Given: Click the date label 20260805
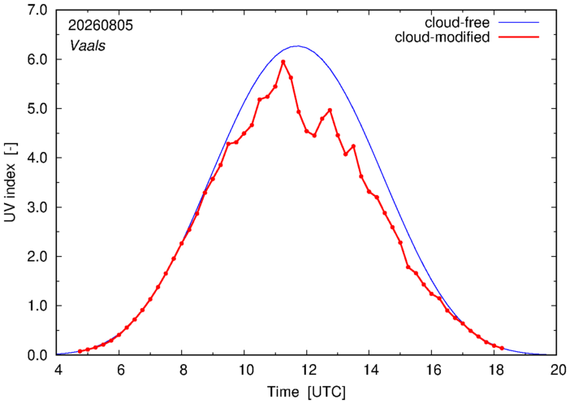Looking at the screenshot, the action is point(101,25).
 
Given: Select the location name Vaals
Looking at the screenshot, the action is point(88,46).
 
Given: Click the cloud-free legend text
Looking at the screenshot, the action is point(457,23).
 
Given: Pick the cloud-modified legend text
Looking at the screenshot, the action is point(442,37).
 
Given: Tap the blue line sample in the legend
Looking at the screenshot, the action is point(519,23).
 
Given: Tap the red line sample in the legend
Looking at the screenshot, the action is point(519,37).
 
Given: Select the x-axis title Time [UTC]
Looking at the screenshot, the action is point(306,393).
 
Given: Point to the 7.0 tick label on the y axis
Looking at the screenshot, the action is point(37,11).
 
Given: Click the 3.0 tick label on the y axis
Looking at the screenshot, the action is point(37,207).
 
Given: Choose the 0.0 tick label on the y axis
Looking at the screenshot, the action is point(37,355).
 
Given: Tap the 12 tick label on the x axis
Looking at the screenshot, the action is point(306,370).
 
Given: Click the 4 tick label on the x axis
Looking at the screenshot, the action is point(57,370).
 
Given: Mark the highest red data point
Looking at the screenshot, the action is point(283,62).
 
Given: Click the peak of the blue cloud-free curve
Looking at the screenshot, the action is point(298,46).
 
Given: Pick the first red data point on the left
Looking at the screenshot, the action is point(80,351).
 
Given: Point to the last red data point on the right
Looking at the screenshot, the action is point(502,348).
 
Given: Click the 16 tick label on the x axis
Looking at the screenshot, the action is point(431,370).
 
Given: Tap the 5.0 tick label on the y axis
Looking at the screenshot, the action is point(37,108).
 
